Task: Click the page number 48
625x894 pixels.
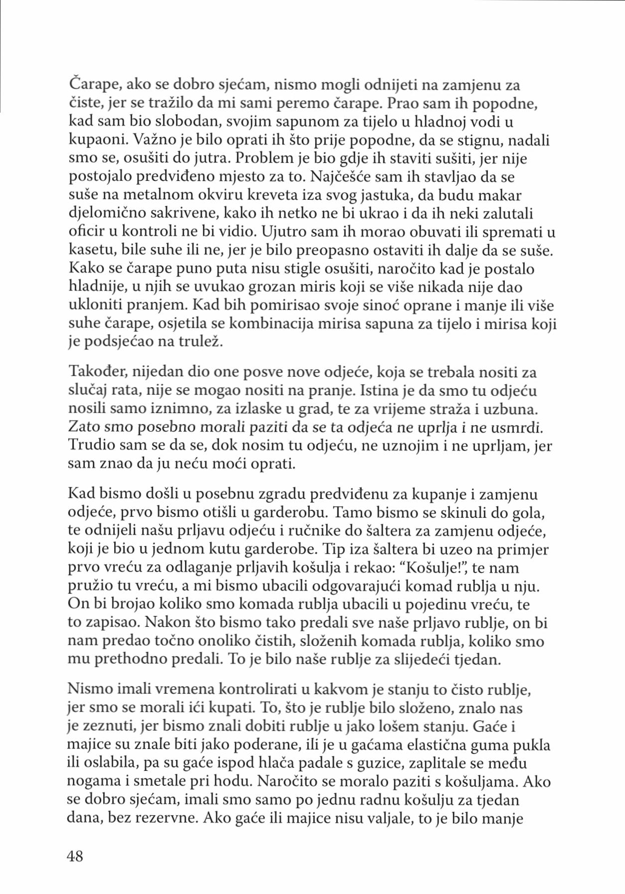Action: pyautogui.click(x=75, y=856)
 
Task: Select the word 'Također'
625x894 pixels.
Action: pyautogui.click(x=100, y=372)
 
